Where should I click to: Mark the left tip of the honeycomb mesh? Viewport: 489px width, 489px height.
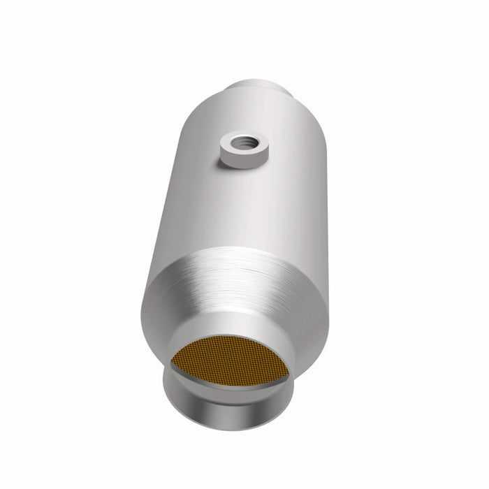point(173,363)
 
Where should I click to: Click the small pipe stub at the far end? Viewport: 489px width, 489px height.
point(256,89)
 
